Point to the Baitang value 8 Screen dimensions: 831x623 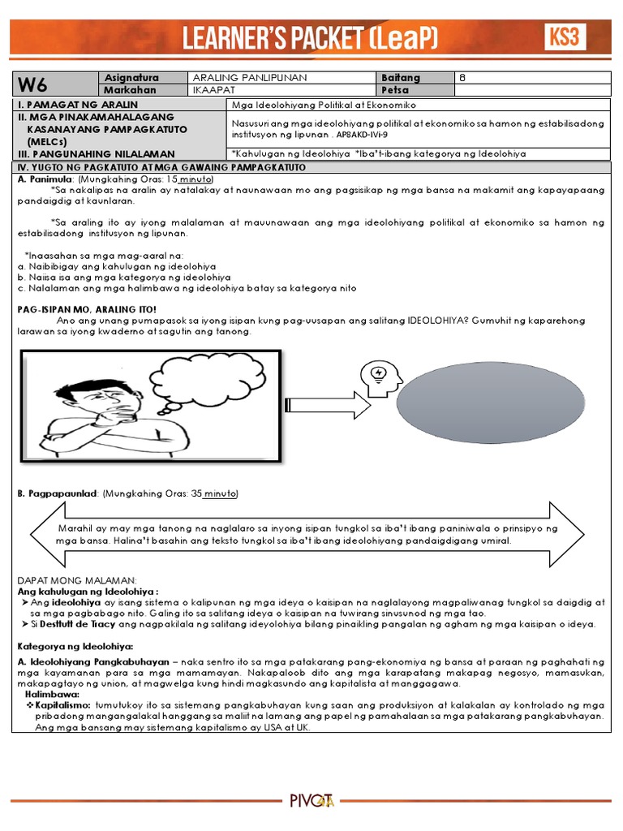tap(463, 78)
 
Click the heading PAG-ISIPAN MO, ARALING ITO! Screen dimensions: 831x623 tap(88, 309)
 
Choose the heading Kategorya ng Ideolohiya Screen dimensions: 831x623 tap(74, 646)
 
